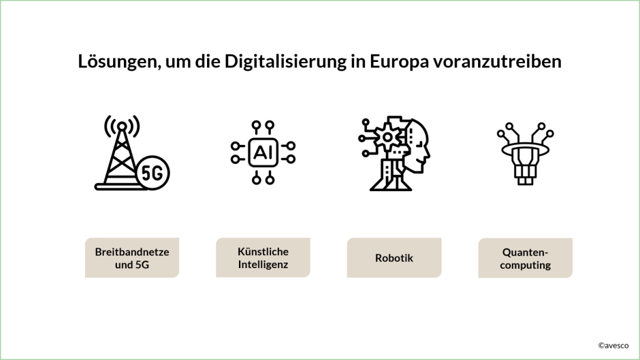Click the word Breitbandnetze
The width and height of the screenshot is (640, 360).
[x=132, y=252]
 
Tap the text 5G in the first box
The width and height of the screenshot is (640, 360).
[x=142, y=265]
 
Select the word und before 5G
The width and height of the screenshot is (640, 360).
[x=123, y=265]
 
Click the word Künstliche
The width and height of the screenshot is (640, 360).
[x=263, y=252]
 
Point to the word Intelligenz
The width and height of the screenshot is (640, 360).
[x=263, y=265]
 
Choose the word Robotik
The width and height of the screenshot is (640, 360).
[x=394, y=259]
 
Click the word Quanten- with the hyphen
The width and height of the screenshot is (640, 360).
[x=526, y=252]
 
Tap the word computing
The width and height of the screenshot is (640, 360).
[x=526, y=265]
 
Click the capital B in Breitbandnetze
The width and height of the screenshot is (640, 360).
[x=99, y=252]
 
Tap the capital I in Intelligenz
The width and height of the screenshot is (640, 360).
[x=240, y=265]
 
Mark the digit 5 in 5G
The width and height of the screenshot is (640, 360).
[x=138, y=265]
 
